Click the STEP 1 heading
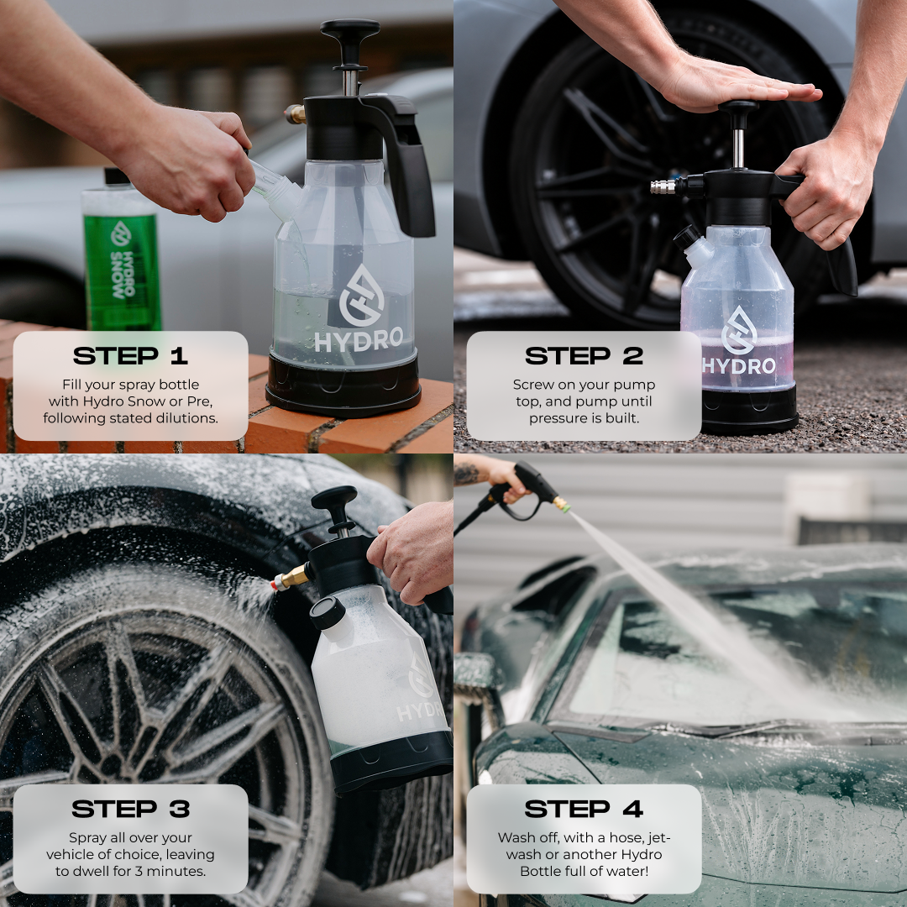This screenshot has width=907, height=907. coord(130,356)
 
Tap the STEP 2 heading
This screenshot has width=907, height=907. coord(585,356)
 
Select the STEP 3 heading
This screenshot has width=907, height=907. coord(131,809)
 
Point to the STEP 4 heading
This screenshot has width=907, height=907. coord(584,809)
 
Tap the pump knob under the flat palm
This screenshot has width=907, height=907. coord(738,107)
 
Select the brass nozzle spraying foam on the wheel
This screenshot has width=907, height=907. coord(291,577)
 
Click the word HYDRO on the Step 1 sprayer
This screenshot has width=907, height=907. coord(359,339)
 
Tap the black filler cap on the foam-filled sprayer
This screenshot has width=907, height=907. coord(328,613)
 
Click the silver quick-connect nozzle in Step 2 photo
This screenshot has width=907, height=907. coord(663,186)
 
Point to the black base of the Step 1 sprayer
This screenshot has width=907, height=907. coord(343,384)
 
